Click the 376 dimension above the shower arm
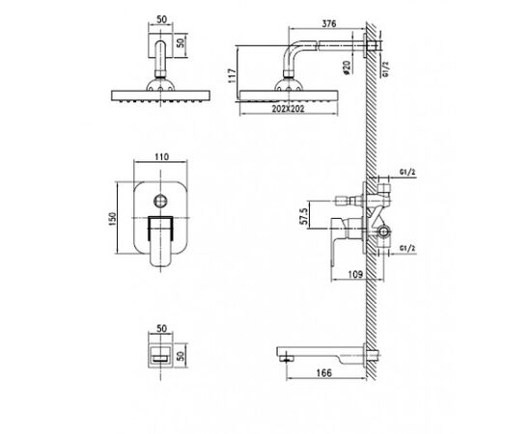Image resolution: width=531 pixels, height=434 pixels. pos(328,24)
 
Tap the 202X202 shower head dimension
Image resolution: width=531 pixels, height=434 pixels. pos(288,109)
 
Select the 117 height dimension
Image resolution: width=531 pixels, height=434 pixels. pos(232,76)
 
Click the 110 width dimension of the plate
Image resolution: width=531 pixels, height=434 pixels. pos(161,157)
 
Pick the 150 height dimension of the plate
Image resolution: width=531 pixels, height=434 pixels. pos(112,219)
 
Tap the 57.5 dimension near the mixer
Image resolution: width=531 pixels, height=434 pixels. pos(304,216)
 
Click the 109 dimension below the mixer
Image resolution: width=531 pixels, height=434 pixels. pos(355,274)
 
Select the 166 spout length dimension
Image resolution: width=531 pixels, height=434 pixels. pos(324,373)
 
